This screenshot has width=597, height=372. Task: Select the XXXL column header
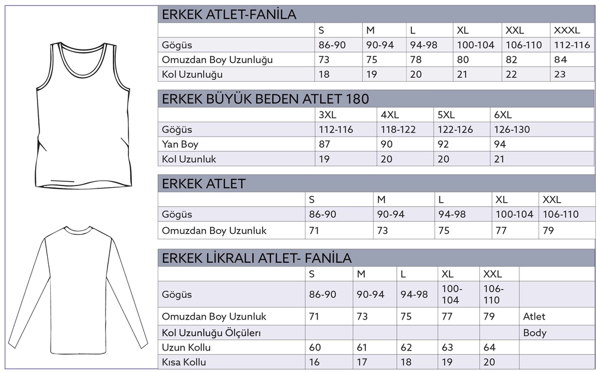coord(567,30)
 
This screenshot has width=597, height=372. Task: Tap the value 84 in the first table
coord(561,60)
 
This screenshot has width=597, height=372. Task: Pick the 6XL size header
coord(503,115)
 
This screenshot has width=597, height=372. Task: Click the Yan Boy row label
coord(180,144)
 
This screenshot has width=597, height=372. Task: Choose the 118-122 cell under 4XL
coord(398,129)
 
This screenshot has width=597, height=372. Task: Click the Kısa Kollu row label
coord(184,362)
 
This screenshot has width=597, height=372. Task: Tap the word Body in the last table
coord(534,333)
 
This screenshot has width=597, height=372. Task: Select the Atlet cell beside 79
coord(534,317)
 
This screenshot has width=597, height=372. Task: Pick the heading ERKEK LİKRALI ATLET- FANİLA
coord(257,258)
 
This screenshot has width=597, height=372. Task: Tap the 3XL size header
coord(329,115)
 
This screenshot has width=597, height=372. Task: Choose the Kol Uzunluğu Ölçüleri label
coord(212,333)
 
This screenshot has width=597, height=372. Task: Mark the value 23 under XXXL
coord(560,75)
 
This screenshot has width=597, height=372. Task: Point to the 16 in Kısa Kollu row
coord(314,362)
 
